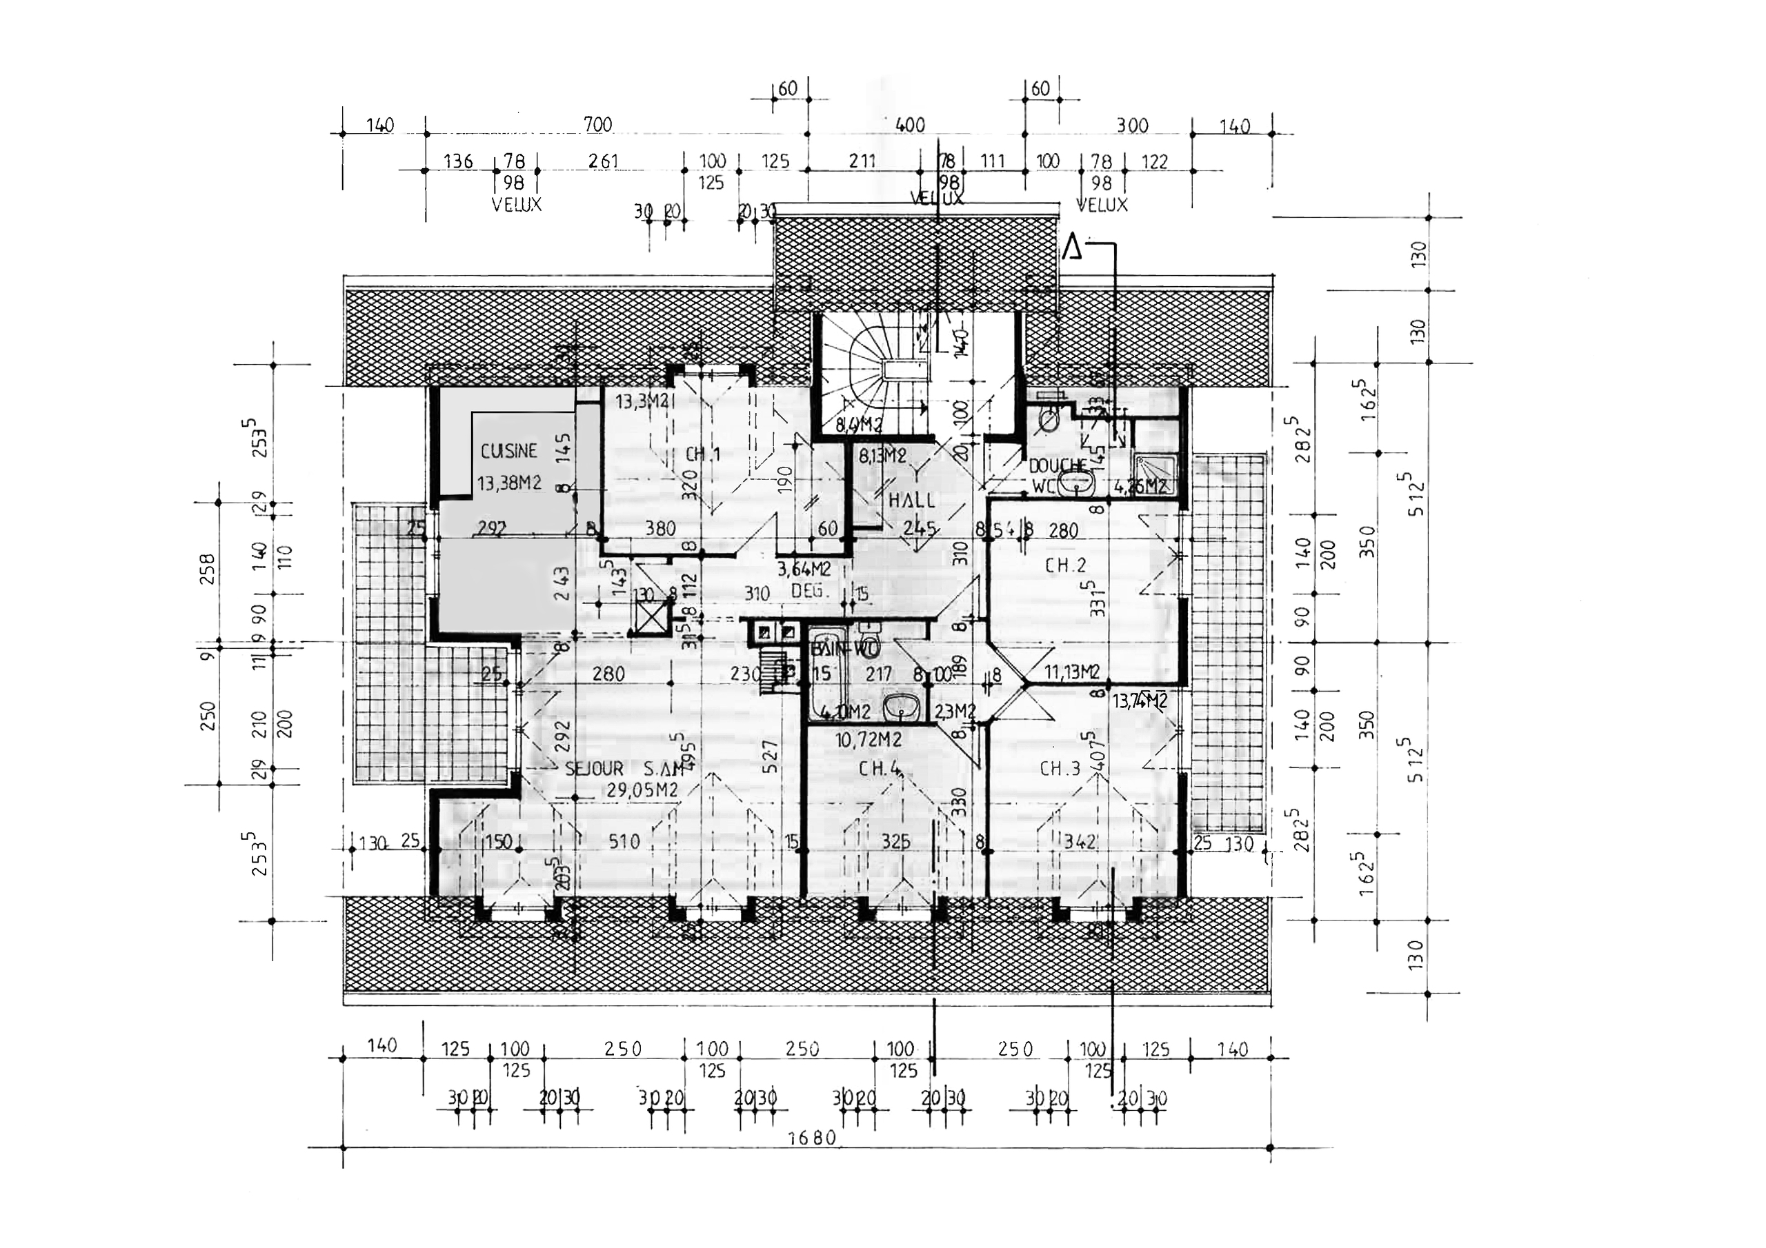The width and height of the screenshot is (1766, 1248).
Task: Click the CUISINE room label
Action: point(508,452)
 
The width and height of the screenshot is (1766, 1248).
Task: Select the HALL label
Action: point(912,501)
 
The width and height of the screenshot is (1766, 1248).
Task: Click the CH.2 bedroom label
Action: point(1065,566)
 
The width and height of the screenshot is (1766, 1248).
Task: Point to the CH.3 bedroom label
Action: point(1060,768)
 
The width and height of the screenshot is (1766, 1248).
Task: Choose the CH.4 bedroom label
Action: point(879,769)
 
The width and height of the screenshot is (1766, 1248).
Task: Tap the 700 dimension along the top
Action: point(597,125)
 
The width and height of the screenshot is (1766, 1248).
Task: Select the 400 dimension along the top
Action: point(910,125)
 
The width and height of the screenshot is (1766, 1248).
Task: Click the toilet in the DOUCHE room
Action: point(1048,419)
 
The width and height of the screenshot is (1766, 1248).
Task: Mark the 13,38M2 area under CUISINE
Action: point(508,483)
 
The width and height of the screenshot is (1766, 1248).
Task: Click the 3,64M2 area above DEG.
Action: point(803,570)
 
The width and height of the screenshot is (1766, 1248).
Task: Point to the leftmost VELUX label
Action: point(516,205)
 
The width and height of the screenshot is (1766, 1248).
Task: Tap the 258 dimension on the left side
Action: point(208,569)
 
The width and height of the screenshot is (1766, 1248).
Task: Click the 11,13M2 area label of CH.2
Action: point(1071,672)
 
